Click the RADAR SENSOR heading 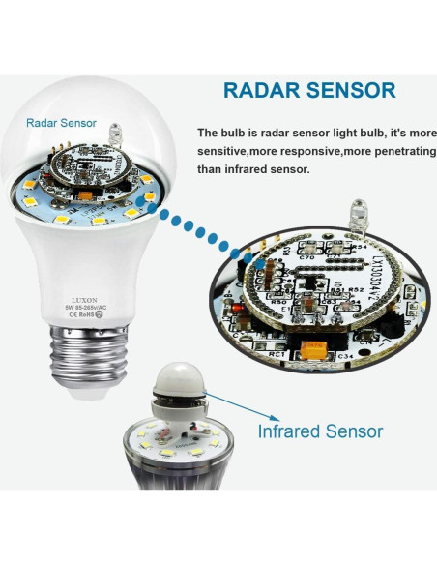coord(309,91)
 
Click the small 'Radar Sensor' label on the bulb coord(61,123)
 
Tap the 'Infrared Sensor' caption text coord(320,431)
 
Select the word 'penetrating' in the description coord(395,151)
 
